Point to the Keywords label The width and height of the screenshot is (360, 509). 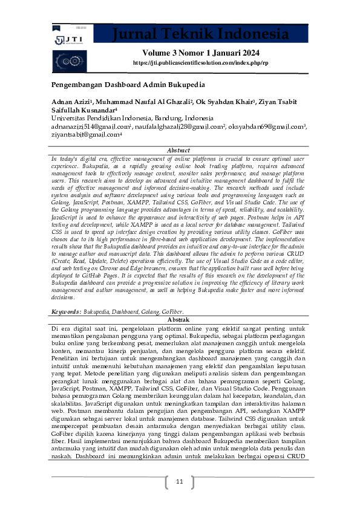[x=65, y=311]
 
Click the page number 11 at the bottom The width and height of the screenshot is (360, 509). [x=179, y=482]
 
